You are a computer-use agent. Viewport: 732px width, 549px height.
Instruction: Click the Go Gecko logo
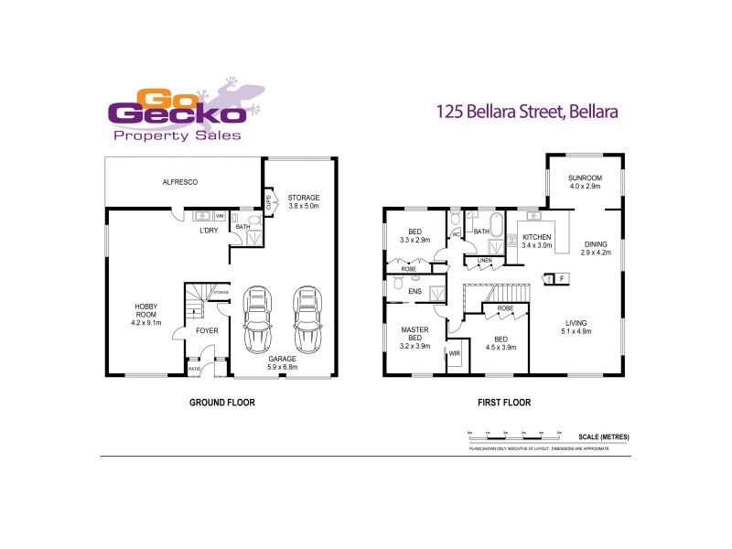(x=182, y=113)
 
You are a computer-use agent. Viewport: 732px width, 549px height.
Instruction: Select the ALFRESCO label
(x=180, y=182)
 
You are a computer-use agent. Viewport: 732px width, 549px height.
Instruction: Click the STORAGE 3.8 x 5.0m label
(x=304, y=201)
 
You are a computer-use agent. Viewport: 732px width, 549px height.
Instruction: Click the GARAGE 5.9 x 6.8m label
(x=282, y=363)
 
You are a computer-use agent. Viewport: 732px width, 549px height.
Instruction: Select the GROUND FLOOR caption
(x=221, y=403)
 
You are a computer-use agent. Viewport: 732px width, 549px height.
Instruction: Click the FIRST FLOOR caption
(x=504, y=403)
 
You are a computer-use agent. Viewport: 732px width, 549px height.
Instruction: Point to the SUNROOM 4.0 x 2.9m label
(x=585, y=182)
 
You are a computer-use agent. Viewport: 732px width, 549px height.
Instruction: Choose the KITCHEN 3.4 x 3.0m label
(x=537, y=241)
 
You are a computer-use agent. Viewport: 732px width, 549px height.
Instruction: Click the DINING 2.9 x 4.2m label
(x=596, y=248)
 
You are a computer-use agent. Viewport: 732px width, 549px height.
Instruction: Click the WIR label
(x=454, y=352)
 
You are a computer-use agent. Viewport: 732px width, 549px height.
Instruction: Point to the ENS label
(x=414, y=292)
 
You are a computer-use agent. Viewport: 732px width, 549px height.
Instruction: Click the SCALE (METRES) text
(x=604, y=437)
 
